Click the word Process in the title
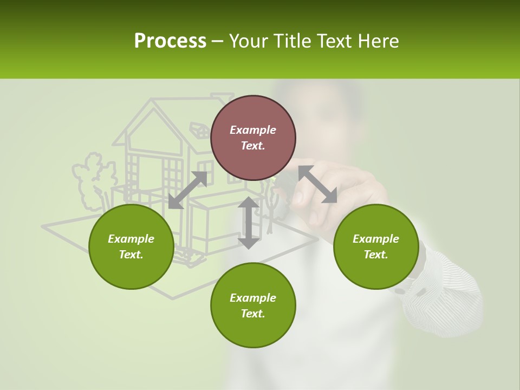click(x=170, y=41)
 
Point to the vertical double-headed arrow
click(x=249, y=223)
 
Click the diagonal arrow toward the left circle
click(x=187, y=190)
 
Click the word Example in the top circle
click(x=253, y=130)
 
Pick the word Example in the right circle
click(x=376, y=239)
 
